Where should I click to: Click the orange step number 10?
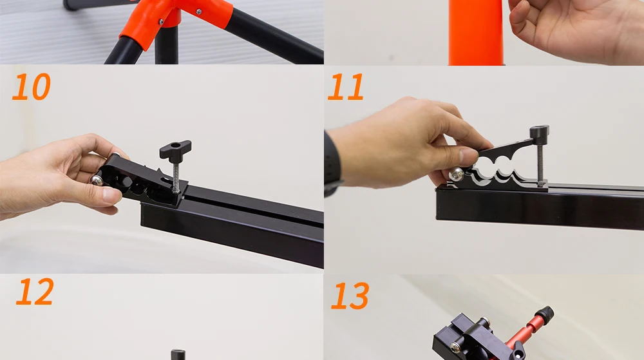pos(31,86)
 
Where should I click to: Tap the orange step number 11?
pos(345,86)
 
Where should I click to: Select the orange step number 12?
pos(35,292)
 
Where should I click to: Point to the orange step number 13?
pos(350,296)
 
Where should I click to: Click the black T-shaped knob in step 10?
pos(175,149)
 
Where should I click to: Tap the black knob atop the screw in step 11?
pos(539,134)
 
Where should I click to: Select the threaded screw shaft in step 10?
pos(175,175)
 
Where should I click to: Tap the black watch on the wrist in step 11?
pos(332,164)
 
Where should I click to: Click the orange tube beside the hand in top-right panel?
pos(476,32)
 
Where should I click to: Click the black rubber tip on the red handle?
pos(545,314)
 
